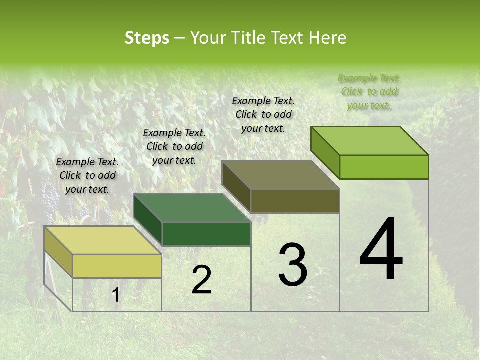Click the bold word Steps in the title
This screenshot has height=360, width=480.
point(147,38)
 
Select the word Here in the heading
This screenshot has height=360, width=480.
point(327,38)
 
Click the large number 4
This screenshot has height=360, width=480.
point(381,250)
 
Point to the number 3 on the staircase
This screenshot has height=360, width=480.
point(293,265)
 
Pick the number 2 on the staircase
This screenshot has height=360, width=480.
point(201,280)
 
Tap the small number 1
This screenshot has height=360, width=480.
point(115,295)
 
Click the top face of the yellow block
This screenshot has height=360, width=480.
point(102,240)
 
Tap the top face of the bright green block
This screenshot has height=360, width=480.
point(369,141)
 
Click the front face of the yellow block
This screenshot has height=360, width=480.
point(117,266)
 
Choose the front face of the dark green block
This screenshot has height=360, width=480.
point(206,234)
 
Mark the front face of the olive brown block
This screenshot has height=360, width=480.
point(295,201)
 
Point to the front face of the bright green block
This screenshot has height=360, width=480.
point(384,167)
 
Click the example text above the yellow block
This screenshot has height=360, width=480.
point(87,175)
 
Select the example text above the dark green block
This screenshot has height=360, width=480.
point(174,146)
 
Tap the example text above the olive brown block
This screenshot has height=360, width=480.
point(263,114)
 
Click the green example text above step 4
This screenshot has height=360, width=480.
point(369,91)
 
